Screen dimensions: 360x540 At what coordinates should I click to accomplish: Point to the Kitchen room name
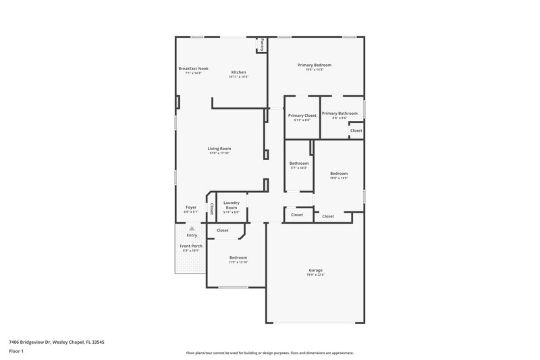point(238,72)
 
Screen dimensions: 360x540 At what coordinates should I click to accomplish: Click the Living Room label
point(219,149)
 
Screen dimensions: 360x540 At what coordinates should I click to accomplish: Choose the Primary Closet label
point(302,115)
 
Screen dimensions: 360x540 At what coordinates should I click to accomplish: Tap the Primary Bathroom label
point(339,113)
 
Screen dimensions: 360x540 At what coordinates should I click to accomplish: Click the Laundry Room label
point(232,205)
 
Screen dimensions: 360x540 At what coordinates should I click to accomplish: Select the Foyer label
point(191,207)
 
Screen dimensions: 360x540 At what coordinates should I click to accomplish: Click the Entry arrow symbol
point(192,229)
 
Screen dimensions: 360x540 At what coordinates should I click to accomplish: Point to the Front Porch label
point(191,246)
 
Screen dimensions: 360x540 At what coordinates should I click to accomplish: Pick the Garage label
point(316,270)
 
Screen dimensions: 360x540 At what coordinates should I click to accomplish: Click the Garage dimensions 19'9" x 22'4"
point(316,275)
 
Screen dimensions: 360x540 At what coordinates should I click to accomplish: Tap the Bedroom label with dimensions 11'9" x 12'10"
point(238,257)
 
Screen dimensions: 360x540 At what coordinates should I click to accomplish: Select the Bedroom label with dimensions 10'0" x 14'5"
point(339,174)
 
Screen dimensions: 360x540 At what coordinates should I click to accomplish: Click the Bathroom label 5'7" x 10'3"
point(299,163)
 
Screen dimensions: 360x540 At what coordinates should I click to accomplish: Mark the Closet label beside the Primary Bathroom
point(356,130)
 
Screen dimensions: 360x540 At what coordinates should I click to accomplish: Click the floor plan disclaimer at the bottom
point(270,353)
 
